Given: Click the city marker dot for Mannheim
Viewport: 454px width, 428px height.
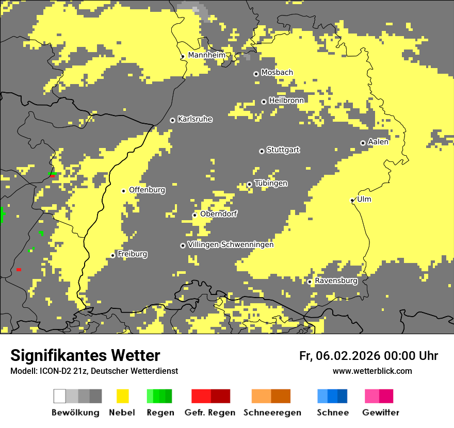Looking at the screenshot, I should [x=183, y=57].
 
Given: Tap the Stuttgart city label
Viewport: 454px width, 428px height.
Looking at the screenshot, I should [x=283, y=150].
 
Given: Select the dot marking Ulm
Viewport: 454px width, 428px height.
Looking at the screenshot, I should [x=352, y=200].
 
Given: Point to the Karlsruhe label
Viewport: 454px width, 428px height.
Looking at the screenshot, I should [x=194, y=119].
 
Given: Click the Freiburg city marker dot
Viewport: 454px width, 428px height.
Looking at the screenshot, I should [x=112, y=255].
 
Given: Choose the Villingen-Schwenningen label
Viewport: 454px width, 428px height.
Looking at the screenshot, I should [x=231, y=244].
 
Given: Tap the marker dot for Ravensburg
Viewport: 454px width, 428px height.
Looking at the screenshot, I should [x=310, y=282].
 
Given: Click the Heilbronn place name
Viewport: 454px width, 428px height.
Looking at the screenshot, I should [x=286, y=101].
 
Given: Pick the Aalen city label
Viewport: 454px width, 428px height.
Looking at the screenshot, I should [x=378, y=142].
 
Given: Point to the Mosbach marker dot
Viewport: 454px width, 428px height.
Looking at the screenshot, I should [x=256, y=74].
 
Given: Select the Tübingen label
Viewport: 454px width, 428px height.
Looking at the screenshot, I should [x=271, y=184].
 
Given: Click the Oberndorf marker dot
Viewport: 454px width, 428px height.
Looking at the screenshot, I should [x=194, y=215].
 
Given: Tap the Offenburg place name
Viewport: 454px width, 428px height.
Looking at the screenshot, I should [x=147, y=190].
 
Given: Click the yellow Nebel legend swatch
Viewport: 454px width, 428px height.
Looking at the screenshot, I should [x=122, y=396].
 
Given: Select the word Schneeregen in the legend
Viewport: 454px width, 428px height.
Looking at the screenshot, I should [x=272, y=413].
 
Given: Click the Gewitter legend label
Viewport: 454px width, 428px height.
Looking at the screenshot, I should [x=380, y=413].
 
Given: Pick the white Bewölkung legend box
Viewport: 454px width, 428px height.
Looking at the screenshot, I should [x=60, y=396].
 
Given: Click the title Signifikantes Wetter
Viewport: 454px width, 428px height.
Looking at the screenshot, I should [x=85, y=355].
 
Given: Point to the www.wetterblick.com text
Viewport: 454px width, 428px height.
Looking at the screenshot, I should [x=372, y=371].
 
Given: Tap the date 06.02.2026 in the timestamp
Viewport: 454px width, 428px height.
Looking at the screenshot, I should [x=348, y=356].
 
